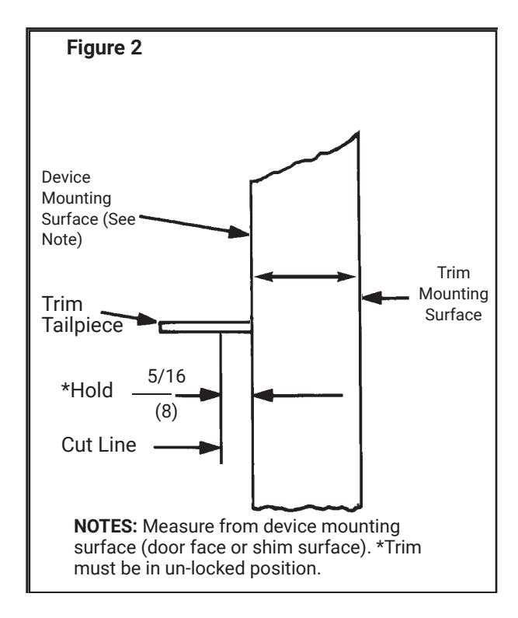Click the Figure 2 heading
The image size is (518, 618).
(104, 47)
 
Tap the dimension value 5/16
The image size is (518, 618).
(166, 376)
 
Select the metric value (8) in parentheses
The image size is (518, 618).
(166, 411)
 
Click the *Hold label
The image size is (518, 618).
(87, 390)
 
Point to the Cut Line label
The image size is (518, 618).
(99, 445)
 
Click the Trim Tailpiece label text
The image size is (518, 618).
(82, 315)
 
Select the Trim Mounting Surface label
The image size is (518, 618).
(454, 294)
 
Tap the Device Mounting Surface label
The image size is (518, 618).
(89, 208)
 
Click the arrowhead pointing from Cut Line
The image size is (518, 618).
(210, 447)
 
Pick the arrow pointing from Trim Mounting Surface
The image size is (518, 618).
(385, 298)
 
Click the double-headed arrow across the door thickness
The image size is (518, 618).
(305, 277)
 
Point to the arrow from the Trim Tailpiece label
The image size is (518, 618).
(129, 318)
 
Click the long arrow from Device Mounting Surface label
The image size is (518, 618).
(194, 226)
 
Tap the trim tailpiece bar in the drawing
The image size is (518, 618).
(205, 327)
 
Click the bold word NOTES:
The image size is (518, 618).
(106, 526)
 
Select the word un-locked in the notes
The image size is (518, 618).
(206, 568)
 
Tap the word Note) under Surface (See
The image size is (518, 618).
(62, 239)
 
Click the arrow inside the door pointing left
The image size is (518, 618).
(298, 395)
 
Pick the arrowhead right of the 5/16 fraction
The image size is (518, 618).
(210, 394)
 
